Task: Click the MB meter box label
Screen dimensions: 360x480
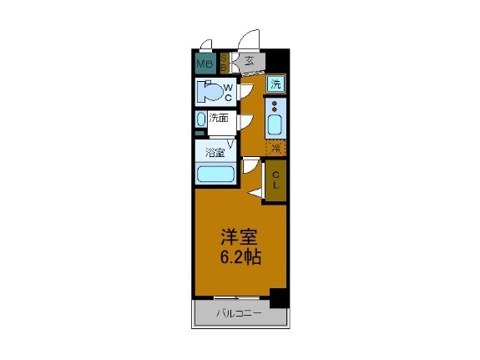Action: point(205,63)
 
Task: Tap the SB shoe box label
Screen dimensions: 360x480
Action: point(224,63)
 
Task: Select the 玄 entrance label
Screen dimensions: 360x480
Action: point(249,60)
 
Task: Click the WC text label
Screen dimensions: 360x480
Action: point(227,92)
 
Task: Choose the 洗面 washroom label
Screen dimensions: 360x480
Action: point(219,119)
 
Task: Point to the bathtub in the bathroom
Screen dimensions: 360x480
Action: point(215,175)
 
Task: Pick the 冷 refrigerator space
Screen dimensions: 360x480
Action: point(275,149)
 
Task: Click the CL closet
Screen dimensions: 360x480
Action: point(275,179)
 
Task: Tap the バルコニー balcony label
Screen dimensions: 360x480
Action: point(240,314)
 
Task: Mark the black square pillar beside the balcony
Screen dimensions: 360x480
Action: point(279,296)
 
